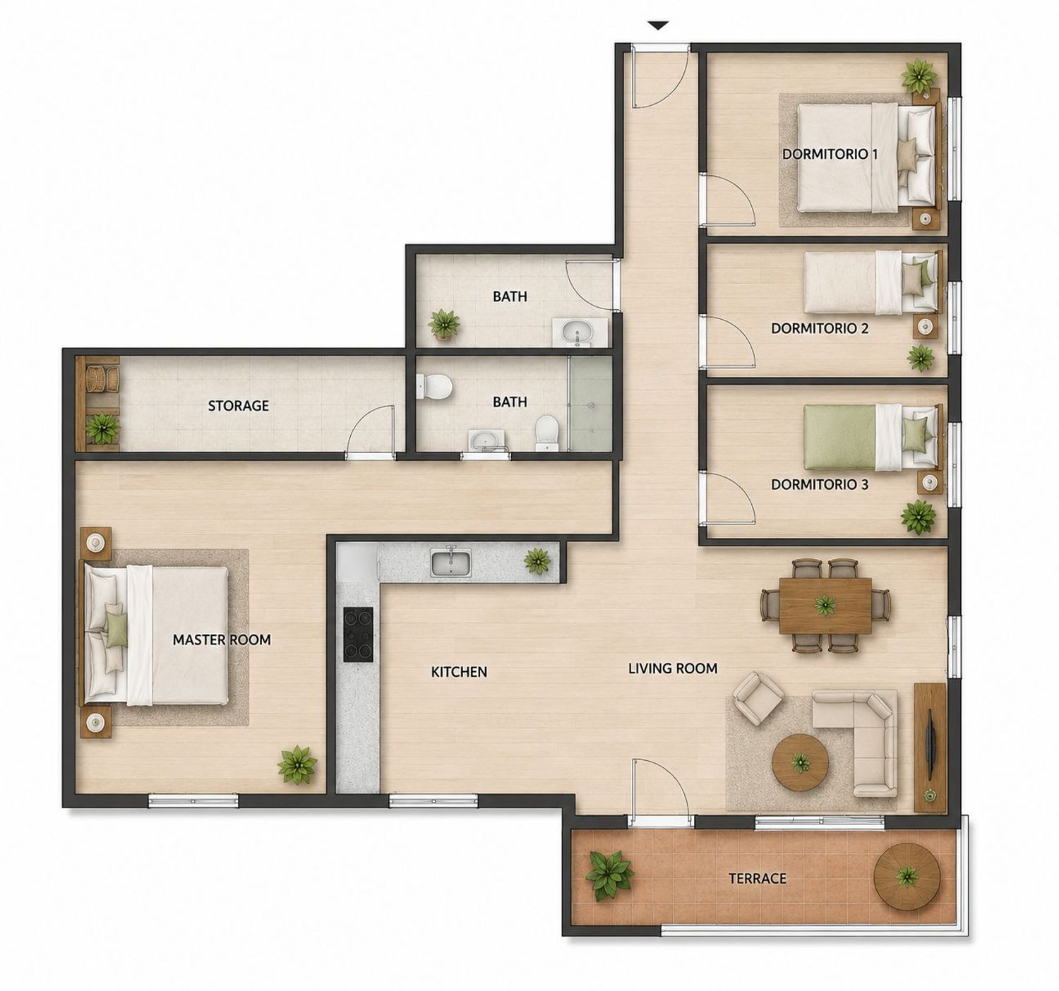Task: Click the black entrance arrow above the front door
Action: coord(659,25)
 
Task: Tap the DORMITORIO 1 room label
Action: coord(830,154)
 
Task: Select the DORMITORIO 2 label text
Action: coord(820,328)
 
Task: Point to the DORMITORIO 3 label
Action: coord(820,484)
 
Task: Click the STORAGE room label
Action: coord(239,406)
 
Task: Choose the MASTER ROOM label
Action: coord(222,639)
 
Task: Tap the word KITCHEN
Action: coord(459,672)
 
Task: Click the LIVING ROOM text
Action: coord(673,668)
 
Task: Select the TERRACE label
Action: coord(758,879)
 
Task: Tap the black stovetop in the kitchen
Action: coord(359,635)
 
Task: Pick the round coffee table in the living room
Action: coord(801,763)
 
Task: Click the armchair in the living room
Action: coord(758,697)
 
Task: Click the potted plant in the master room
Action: coord(297,765)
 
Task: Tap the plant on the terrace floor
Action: coord(609,875)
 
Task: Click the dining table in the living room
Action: coord(825,606)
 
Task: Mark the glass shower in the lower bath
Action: coord(590,404)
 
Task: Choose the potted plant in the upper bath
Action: coord(443,324)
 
